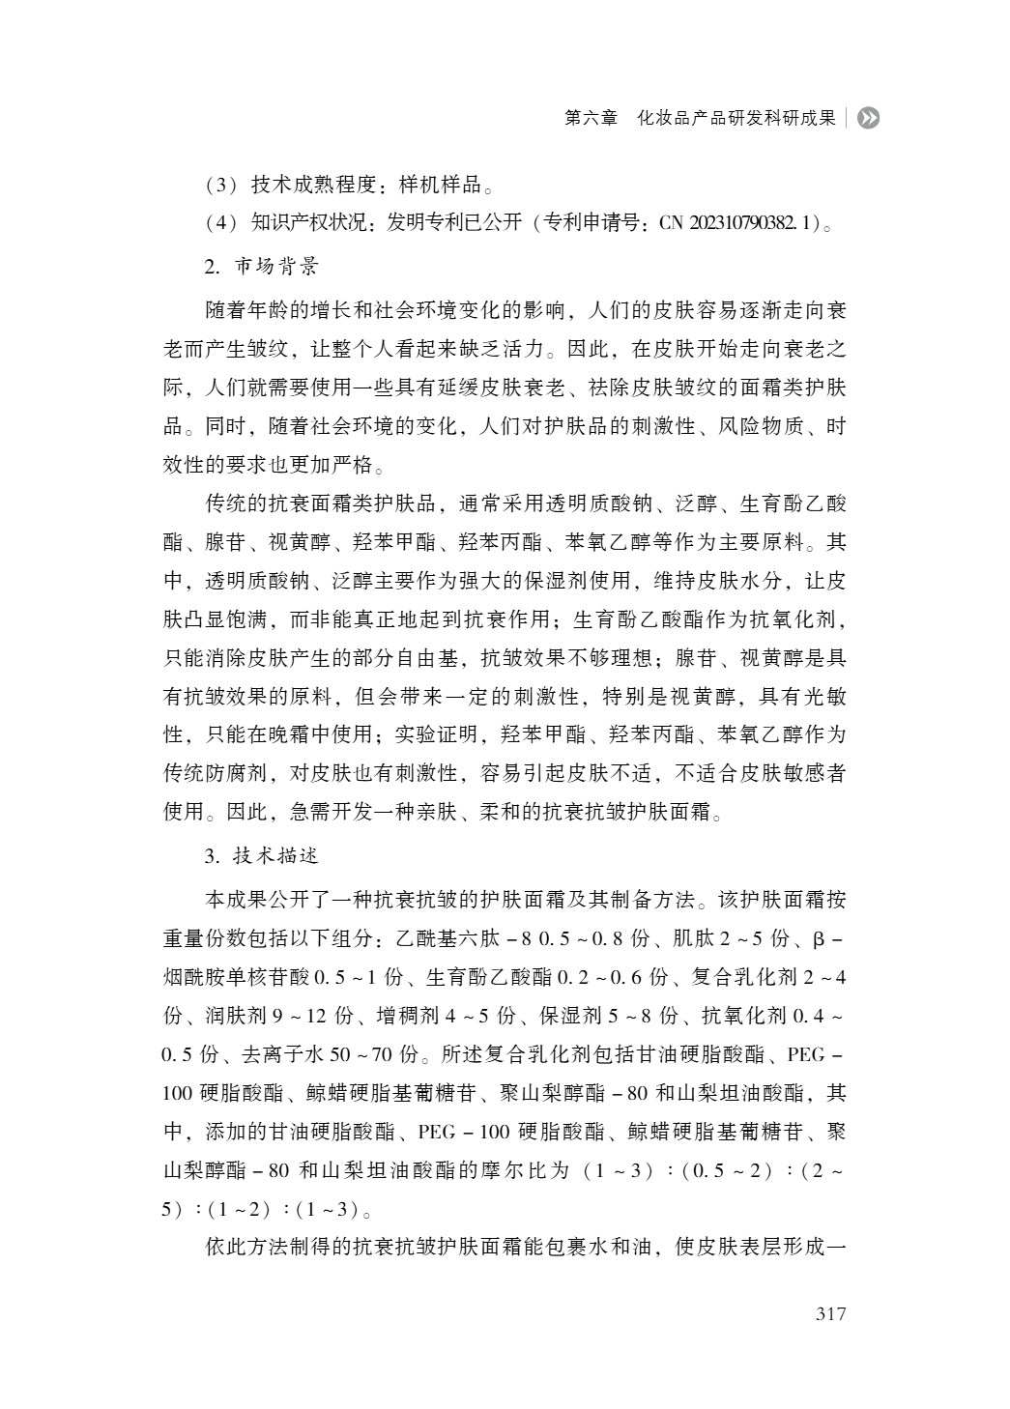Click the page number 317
pyautogui.click(x=830, y=1314)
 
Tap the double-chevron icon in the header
pyautogui.click(x=869, y=118)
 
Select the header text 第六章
pyautogui.click(x=591, y=118)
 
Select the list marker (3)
pyautogui.click(x=221, y=185)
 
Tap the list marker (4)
pyautogui.click(x=221, y=223)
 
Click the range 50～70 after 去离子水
pyautogui.click(x=357, y=1053)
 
